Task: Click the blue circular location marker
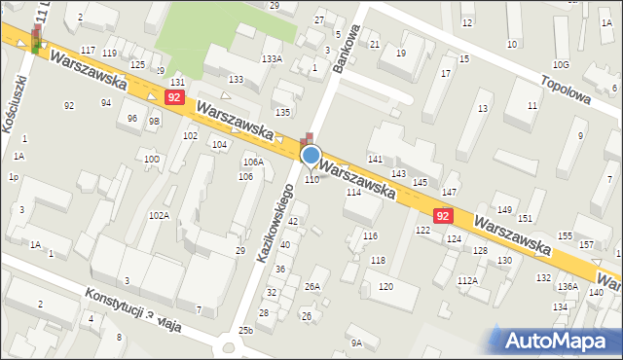pos(311,155)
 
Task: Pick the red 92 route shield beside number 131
pos(174,98)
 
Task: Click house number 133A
pos(272,59)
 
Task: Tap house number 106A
pos(253,162)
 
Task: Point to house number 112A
pos(468,280)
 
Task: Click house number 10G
pos(560,64)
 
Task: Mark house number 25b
pos(245,331)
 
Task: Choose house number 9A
pos(356,342)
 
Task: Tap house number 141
pos(374,158)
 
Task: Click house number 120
pos(385,286)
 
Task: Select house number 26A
pos(311,286)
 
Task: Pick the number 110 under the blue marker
pos(311,179)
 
